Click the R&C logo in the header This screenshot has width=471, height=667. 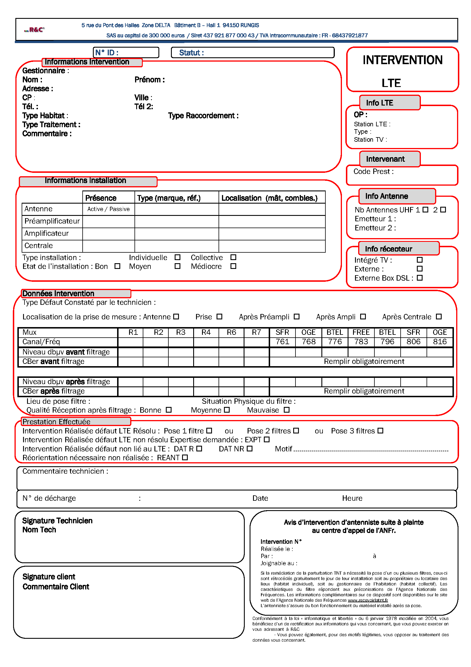[34, 30]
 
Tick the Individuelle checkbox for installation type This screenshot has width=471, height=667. [177, 258]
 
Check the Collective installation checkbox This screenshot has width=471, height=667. [233, 258]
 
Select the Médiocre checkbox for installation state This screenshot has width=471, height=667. [233, 266]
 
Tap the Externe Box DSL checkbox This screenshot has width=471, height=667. [420, 278]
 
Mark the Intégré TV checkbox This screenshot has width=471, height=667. [420, 260]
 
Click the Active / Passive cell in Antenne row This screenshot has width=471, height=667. [109, 209]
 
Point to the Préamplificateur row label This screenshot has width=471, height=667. [52, 221]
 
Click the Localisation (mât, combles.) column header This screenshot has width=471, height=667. [269, 198]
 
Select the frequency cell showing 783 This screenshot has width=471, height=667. [361, 342]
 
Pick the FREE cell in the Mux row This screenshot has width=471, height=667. [361, 332]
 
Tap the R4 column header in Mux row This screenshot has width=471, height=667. [206, 332]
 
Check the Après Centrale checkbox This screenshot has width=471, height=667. [439, 317]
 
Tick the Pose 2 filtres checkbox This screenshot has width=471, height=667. [296, 431]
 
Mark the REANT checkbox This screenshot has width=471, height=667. [185, 457]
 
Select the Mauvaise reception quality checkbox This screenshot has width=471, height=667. [287, 410]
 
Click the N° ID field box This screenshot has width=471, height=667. [126, 52]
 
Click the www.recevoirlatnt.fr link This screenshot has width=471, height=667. [368, 600]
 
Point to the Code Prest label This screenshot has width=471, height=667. [373, 172]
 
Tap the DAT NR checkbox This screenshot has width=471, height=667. [250, 449]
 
